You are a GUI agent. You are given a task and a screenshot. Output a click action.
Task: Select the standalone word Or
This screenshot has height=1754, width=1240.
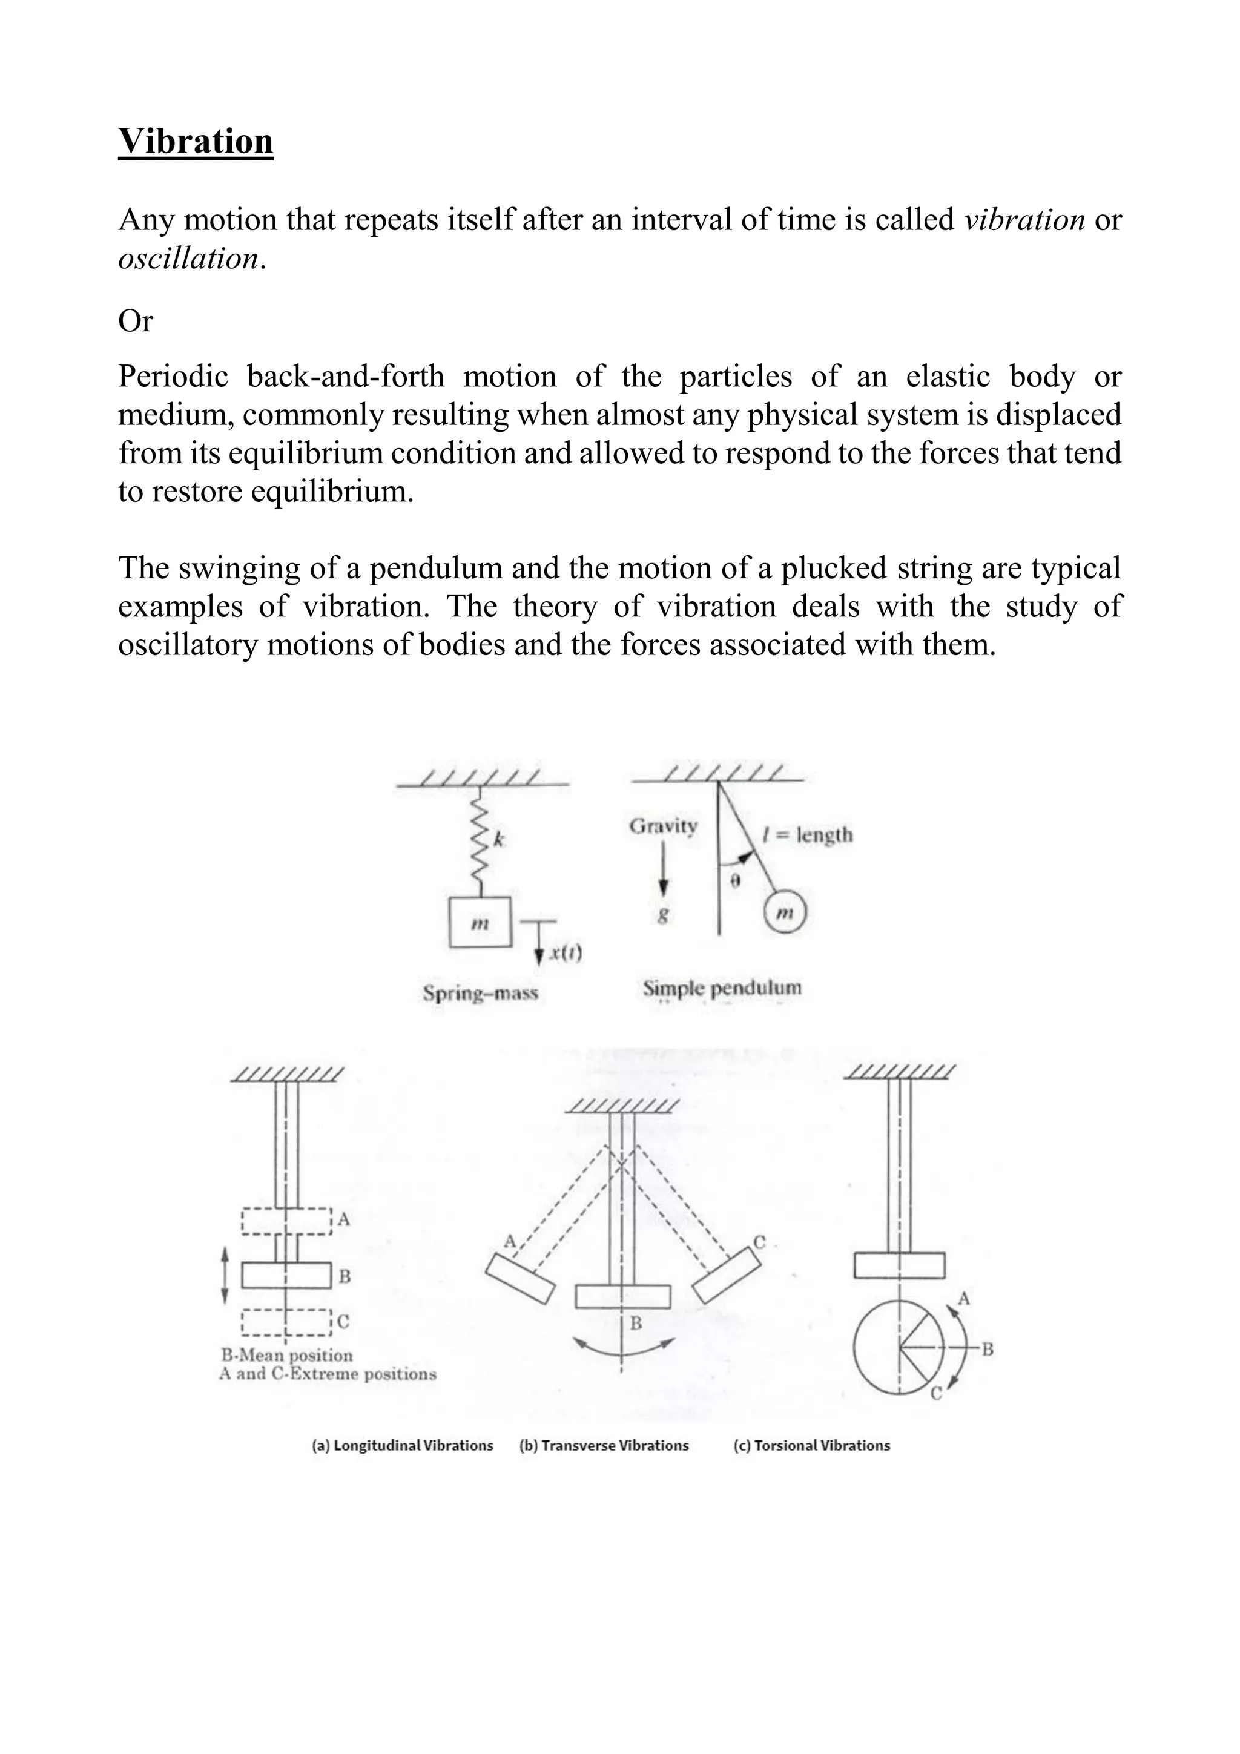coord(135,321)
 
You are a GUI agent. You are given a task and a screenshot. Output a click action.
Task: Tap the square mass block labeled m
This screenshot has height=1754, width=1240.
coord(480,923)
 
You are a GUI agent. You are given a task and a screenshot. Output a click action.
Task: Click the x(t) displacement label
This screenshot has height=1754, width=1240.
coord(566,952)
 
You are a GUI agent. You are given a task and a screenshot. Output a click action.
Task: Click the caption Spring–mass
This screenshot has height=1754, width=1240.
coord(481,993)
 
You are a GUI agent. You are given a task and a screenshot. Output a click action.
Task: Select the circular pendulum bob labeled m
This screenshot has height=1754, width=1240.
coord(785,913)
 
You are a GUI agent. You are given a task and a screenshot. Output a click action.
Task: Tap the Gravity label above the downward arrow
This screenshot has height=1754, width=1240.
coord(663,826)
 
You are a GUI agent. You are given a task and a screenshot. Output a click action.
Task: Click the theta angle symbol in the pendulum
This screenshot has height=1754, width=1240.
coord(735,881)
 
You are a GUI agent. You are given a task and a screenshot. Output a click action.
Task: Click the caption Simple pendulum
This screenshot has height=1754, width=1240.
coord(722,987)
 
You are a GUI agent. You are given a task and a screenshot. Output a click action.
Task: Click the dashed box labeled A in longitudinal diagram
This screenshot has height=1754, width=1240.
coord(286,1221)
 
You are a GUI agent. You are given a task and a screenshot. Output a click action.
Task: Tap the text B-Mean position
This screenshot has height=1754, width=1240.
coord(287,1355)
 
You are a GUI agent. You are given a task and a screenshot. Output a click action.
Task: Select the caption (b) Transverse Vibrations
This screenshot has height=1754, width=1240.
coord(604,1445)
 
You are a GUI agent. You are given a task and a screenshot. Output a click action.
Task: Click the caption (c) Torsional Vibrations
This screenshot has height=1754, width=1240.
coord(811,1445)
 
